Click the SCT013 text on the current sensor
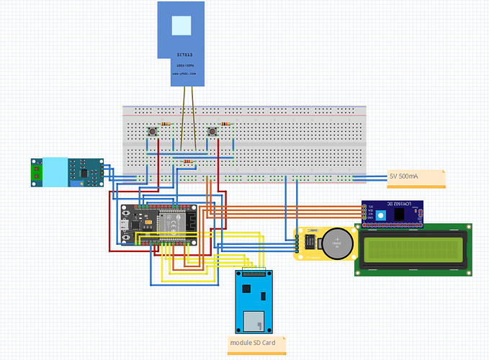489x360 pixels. coord(184,55)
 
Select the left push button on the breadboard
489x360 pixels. coord(153,131)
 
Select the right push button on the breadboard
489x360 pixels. coord(213,131)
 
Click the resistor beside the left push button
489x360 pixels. coord(166,124)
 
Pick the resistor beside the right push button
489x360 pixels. coord(225,124)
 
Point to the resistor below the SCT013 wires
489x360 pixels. coord(189,161)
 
